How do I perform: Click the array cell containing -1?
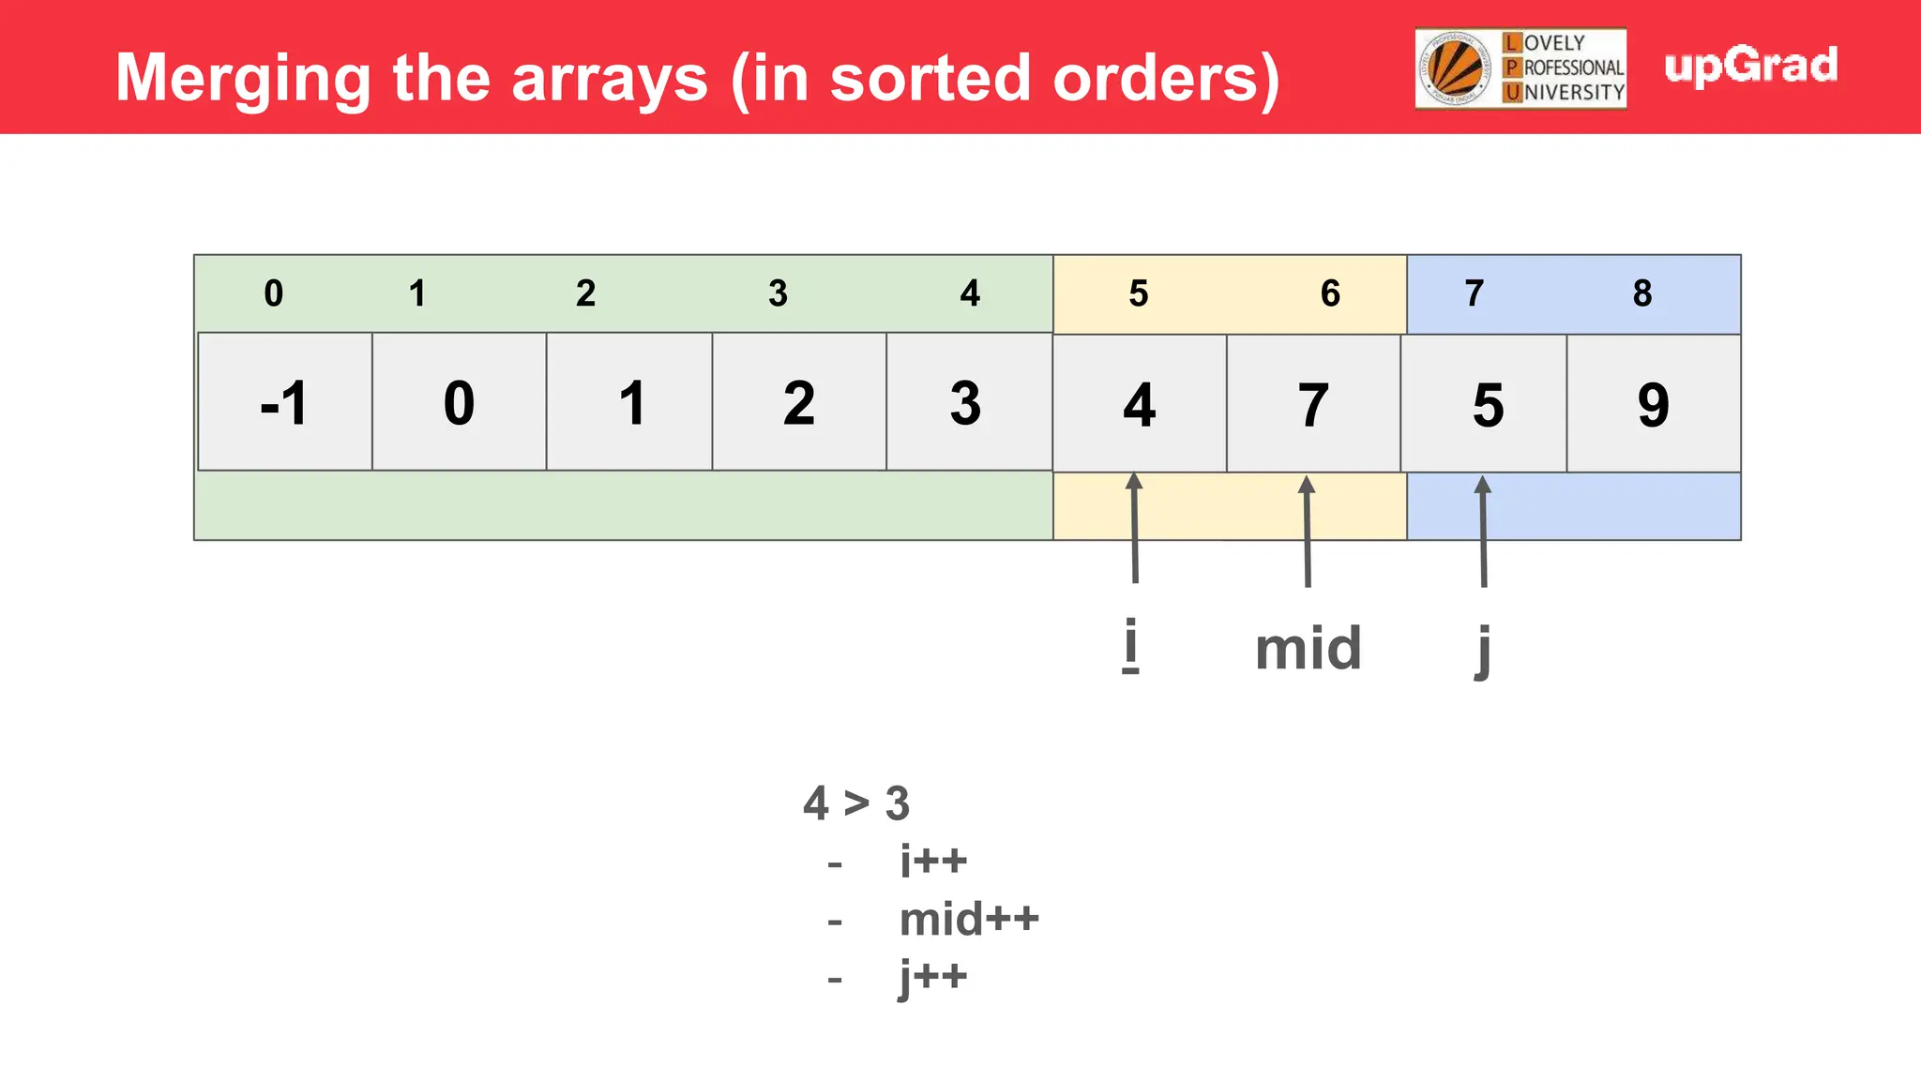(x=285, y=402)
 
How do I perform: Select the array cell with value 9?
(x=1654, y=404)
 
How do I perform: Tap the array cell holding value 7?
(x=1313, y=404)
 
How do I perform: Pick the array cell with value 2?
(x=799, y=402)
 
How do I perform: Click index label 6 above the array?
(x=1330, y=293)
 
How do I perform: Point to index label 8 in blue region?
(x=1641, y=293)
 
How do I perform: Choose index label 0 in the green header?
(x=273, y=293)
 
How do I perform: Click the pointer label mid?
(x=1308, y=648)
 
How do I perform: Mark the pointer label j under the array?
(x=1483, y=650)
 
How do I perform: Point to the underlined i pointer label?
(x=1131, y=645)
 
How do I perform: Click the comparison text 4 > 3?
(x=856, y=803)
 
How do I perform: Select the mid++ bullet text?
(x=969, y=919)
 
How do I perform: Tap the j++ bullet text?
(x=933, y=977)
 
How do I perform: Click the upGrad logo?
(x=1750, y=66)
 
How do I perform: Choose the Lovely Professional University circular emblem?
(x=1455, y=68)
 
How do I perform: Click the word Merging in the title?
(x=244, y=79)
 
